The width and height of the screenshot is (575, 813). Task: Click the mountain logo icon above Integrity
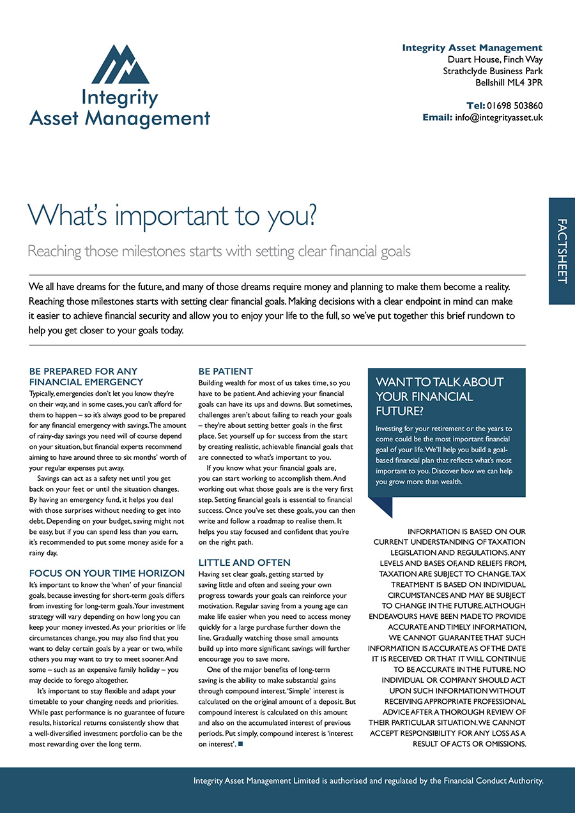[x=120, y=64]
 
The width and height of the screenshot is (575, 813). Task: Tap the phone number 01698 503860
[x=515, y=105]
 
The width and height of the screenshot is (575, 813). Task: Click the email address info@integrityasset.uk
[x=499, y=118]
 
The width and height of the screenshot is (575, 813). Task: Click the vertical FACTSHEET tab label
[x=562, y=251]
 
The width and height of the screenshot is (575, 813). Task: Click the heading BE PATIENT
[x=226, y=371]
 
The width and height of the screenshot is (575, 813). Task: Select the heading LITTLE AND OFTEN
[x=244, y=563]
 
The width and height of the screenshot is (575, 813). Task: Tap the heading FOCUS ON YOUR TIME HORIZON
[x=107, y=574]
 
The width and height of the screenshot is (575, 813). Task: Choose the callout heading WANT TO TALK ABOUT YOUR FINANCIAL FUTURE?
[x=440, y=396]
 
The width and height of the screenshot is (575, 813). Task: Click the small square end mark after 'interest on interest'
[x=240, y=744]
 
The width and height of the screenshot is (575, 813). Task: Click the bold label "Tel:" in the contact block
[x=475, y=105]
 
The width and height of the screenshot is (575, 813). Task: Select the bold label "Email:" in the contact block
[x=437, y=118]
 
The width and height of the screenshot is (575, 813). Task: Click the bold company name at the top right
[x=472, y=48]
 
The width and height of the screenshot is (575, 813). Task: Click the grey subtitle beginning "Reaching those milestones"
[x=218, y=251]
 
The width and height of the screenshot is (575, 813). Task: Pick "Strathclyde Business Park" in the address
[x=493, y=71]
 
